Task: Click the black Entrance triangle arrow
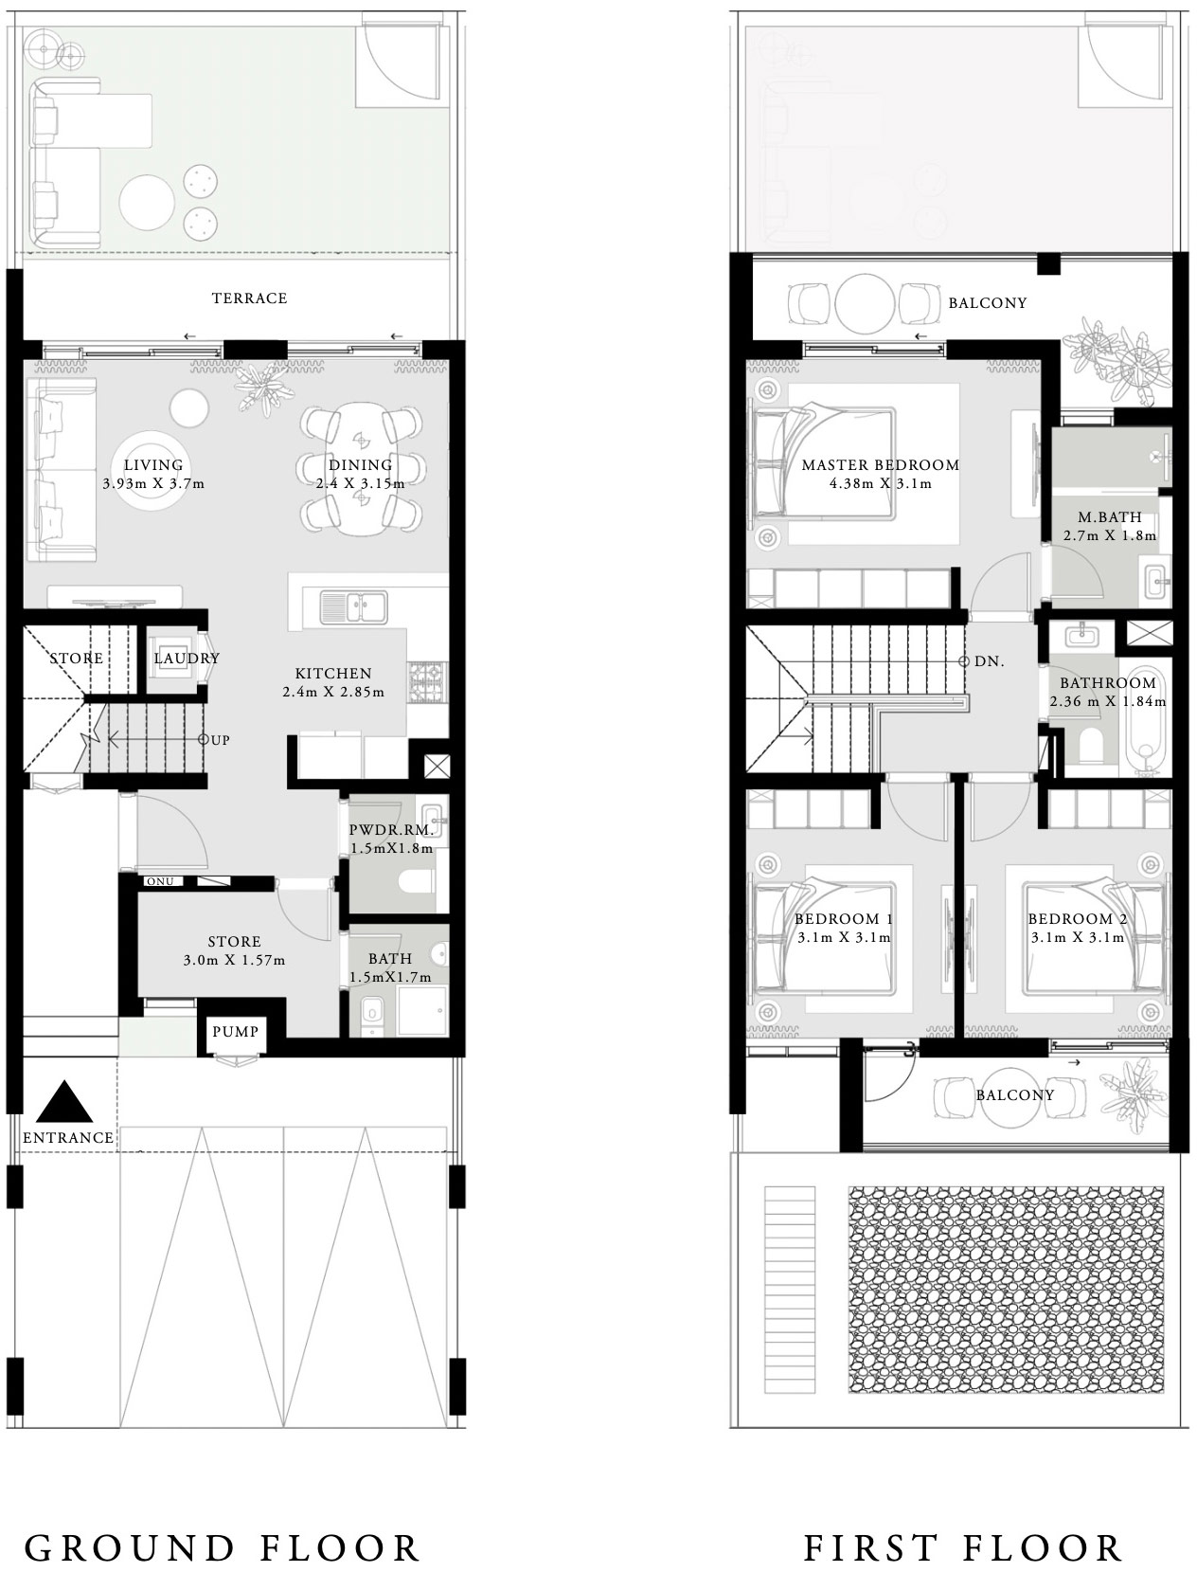[65, 1103]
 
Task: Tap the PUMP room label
[234, 1031]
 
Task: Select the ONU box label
[160, 881]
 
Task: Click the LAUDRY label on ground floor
[187, 658]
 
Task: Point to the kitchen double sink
[353, 606]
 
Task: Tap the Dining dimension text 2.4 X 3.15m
[361, 483]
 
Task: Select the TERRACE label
[249, 298]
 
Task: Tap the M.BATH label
[1110, 517]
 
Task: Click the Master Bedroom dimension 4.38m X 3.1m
[880, 483]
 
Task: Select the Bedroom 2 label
[1077, 919]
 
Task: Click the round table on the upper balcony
[865, 303]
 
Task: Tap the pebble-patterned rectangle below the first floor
[1016, 1290]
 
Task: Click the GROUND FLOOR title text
[223, 1547]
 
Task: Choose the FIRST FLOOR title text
[963, 1547]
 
